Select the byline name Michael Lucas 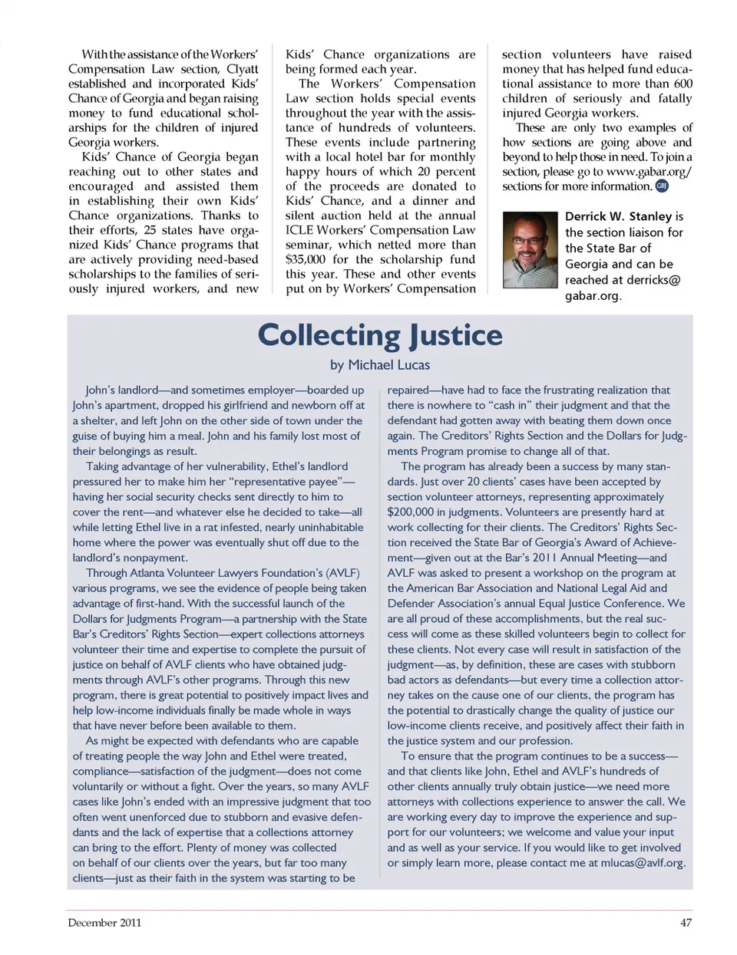point(388,365)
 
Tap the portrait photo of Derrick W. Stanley point(530,250)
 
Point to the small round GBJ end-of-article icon point(662,186)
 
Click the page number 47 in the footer point(686,923)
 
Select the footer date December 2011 point(104,923)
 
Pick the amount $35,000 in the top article point(306,259)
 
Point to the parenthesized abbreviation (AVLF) point(342,573)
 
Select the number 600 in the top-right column point(682,84)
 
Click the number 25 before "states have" point(150,230)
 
